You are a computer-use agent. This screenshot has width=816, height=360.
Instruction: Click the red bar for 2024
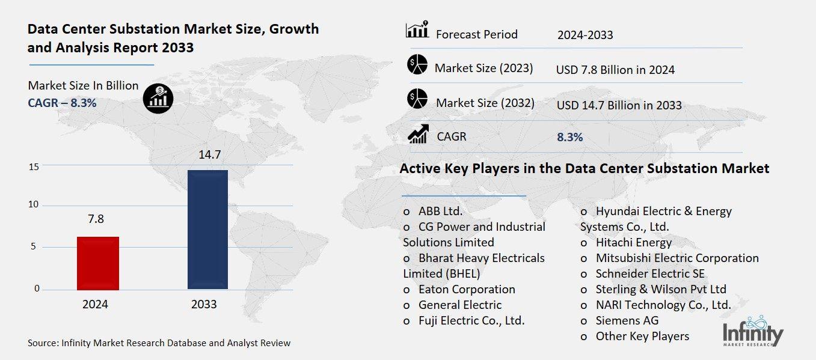coord(98,263)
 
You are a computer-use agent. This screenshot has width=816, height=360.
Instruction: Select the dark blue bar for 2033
coord(207,230)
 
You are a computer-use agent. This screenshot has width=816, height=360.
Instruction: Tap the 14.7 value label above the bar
coord(210,155)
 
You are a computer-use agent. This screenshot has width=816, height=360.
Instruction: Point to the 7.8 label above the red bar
coord(96,219)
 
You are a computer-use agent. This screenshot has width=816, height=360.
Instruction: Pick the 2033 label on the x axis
coord(204,305)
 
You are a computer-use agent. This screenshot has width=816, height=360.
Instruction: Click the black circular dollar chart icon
coord(158,97)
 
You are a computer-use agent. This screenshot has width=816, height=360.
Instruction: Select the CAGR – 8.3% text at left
coord(62,103)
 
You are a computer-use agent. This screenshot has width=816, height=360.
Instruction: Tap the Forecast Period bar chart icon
coord(417,29)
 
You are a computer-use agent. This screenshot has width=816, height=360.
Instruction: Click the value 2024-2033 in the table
coord(584,35)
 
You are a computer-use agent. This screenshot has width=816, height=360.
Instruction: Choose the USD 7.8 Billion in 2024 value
coord(615,70)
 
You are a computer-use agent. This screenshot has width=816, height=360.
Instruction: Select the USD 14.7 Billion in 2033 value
coord(619,106)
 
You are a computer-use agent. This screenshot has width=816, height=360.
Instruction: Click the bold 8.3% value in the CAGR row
coord(569,138)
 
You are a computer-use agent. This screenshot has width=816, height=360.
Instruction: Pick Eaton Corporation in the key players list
coord(466,289)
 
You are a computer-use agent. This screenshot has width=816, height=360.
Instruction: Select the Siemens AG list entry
coord(627,320)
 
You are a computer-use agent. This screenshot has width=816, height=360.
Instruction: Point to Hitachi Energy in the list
coord(633,242)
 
